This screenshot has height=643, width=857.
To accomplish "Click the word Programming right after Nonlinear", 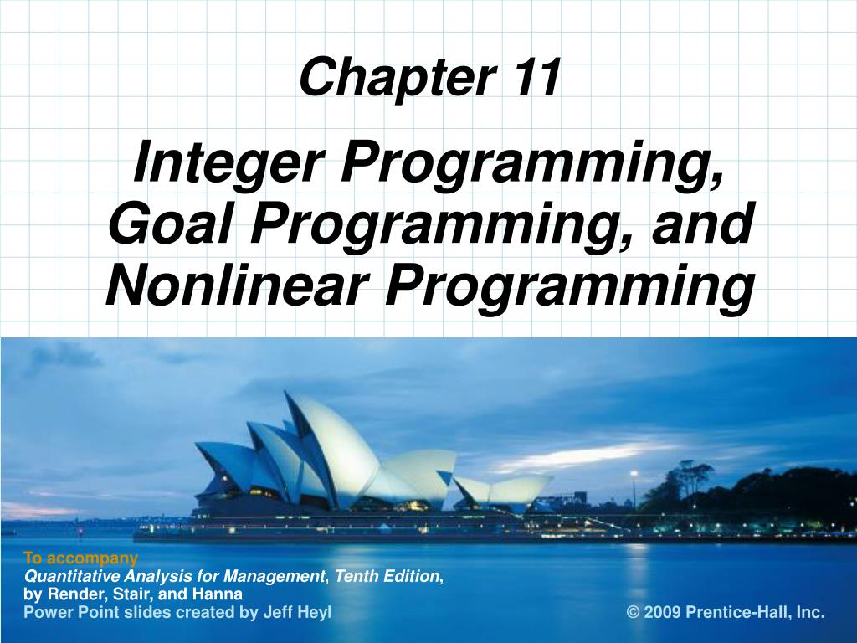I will tap(567, 285).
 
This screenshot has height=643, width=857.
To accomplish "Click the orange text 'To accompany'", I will tap(80, 558).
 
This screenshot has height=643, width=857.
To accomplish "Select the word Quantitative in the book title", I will tap(71, 576).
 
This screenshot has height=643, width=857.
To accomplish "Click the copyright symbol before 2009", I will tap(634, 612).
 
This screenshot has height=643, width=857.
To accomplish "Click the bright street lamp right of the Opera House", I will tap(634, 476).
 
